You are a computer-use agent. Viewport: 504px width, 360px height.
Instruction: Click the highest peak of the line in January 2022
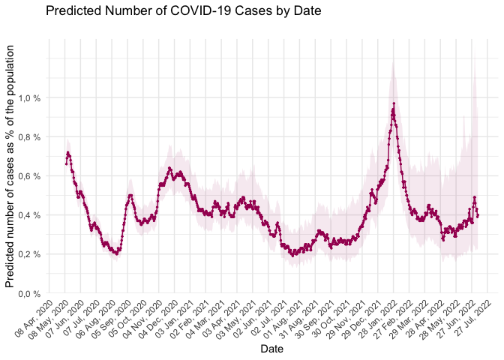pyautogui.click(x=394, y=103)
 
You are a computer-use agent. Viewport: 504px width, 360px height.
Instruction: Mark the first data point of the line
pyautogui.click(x=66, y=163)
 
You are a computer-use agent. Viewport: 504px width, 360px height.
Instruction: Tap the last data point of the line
pyautogui.click(x=478, y=216)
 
